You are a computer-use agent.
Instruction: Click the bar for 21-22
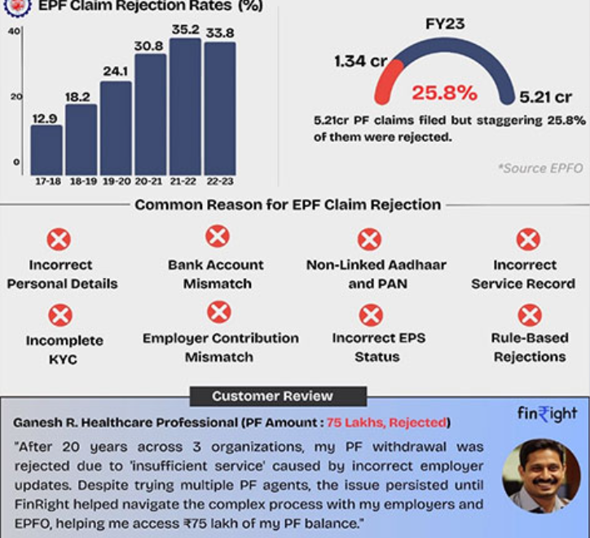184,106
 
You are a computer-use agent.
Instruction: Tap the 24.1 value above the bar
115,72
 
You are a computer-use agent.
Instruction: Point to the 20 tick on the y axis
15,96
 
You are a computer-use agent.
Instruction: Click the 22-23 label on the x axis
219,180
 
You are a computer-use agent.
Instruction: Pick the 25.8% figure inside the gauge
444,93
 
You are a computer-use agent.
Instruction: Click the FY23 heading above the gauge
445,24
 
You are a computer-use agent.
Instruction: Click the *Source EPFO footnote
540,168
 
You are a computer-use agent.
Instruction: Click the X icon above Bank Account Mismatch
217,237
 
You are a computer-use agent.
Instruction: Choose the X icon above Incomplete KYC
60,315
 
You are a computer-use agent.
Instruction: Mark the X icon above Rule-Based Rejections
530,315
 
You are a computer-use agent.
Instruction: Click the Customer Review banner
272,396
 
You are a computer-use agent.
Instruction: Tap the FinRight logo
547,415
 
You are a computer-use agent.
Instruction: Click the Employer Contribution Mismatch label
220,347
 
